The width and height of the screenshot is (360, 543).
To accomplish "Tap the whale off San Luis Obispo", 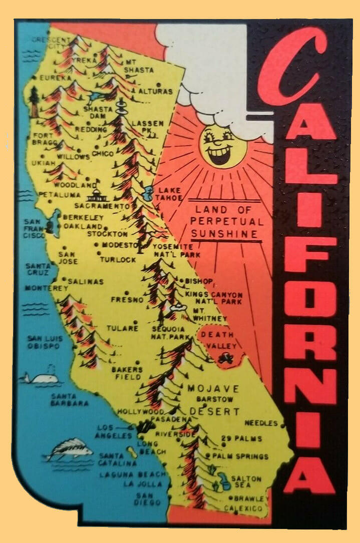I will pyautogui.click(x=43, y=378).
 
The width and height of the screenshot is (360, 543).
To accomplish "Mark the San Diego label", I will pyautogui.click(x=148, y=498).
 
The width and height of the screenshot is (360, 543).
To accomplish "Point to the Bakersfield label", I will pyautogui.click(x=126, y=373).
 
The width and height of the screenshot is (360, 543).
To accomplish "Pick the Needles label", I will pyautogui.click(x=260, y=423).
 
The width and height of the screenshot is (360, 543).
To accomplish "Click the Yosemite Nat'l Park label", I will pyautogui.click(x=172, y=251).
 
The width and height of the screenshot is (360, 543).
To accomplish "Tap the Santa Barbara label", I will pyautogui.click(x=70, y=400).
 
